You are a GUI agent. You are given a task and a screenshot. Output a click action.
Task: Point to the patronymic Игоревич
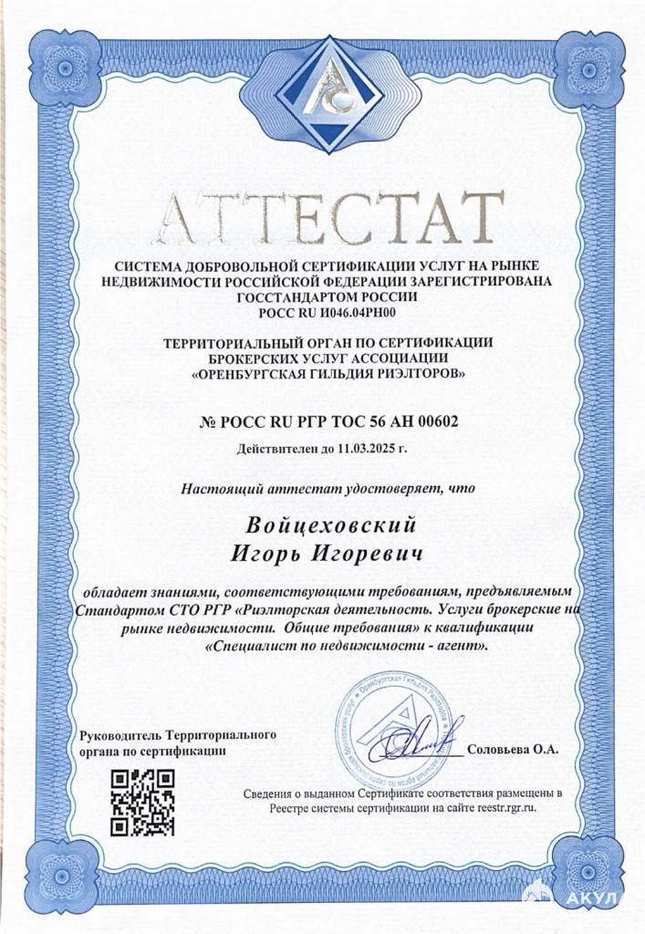click(377, 554)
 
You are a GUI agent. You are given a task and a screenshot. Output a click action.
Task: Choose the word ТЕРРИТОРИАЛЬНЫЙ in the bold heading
click(234, 342)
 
